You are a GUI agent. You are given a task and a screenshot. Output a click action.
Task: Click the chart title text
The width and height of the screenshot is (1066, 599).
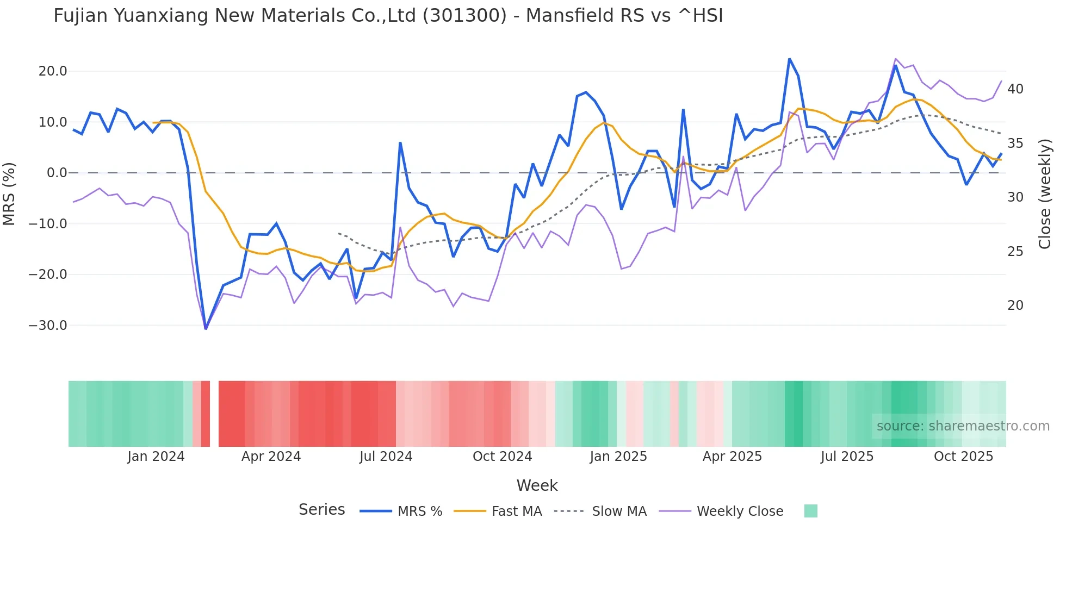point(388,16)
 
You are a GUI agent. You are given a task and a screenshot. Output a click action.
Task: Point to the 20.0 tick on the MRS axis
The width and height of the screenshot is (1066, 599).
point(53,71)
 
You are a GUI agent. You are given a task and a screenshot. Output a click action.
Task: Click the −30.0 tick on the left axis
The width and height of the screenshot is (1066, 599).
point(48,326)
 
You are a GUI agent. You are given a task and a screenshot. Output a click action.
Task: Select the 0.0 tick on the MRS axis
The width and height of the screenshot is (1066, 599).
point(57,173)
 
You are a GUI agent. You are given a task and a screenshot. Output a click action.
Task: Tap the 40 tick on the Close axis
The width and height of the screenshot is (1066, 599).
point(1015,89)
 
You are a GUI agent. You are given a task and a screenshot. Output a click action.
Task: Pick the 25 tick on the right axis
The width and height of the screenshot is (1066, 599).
point(1015,252)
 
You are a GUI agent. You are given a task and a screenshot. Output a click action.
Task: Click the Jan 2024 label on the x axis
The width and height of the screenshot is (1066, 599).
point(156,457)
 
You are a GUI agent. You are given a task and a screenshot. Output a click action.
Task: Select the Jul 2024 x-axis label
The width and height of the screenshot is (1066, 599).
point(386,457)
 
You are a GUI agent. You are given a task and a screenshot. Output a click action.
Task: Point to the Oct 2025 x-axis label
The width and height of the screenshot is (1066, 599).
point(963,457)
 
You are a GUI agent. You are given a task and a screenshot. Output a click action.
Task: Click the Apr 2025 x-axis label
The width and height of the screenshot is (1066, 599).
point(732,457)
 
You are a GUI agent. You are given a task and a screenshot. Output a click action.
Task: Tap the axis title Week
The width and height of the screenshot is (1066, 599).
point(537,485)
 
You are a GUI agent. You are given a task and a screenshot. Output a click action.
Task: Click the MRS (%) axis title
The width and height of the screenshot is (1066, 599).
point(9,194)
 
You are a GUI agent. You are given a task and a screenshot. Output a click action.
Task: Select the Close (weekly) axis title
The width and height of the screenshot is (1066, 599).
point(1045,194)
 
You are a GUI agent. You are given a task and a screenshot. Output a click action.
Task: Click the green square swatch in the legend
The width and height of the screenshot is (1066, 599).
point(810,511)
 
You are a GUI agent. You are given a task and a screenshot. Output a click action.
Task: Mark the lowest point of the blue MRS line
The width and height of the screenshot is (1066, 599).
point(206,328)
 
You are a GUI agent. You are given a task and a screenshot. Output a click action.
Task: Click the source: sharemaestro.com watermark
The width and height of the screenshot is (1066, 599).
point(963,426)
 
